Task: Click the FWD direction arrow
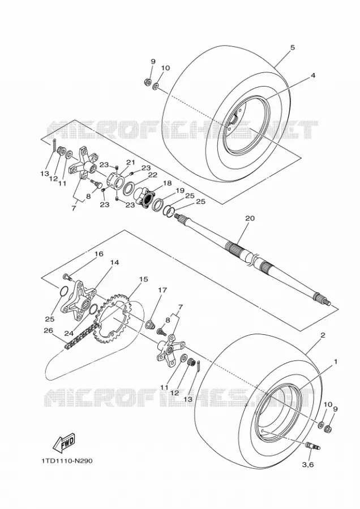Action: (x=64, y=443)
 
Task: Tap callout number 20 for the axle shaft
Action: (x=250, y=218)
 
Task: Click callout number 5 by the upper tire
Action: (x=293, y=48)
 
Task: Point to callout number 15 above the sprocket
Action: (x=144, y=279)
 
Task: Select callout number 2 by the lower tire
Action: (x=323, y=335)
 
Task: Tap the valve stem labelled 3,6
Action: (x=312, y=446)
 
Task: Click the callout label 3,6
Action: (x=308, y=465)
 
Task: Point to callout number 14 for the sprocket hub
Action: (x=114, y=262)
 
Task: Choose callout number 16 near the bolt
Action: (x=98, y=253)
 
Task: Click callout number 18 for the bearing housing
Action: (x=167, y=183)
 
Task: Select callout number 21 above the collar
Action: (x=130, y=162)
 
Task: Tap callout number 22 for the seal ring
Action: (x=152, y=175)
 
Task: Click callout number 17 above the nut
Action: (x=162, y=290)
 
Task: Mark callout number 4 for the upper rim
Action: (x=312, y=75)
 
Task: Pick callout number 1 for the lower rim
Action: (x=336, y=361)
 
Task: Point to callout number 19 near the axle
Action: (x=180, y=191)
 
